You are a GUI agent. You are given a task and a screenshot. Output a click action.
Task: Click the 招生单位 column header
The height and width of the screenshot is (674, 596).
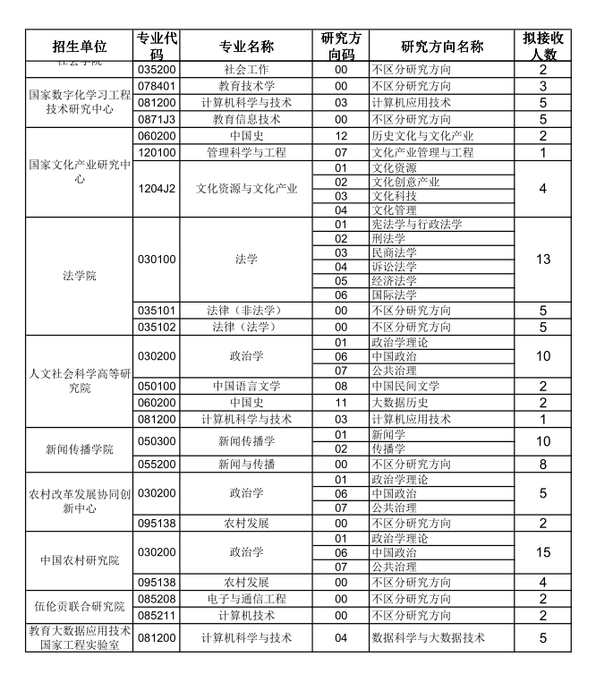(80, 47)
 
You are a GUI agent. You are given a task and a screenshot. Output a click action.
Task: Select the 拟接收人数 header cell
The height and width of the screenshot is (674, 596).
(542, 47)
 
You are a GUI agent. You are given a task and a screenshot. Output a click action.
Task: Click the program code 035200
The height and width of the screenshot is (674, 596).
(157, 69)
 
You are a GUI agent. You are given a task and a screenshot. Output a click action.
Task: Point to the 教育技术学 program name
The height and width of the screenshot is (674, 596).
(246, 86)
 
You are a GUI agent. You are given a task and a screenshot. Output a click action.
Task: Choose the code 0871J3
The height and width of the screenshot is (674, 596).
(157, 119)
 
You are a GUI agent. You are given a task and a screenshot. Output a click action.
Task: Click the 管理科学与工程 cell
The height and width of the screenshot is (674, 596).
(246, 152)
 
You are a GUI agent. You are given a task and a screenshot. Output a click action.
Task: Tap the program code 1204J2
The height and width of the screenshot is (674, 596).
(157, 188)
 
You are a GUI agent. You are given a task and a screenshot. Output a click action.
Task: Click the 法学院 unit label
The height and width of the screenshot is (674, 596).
(80, 276)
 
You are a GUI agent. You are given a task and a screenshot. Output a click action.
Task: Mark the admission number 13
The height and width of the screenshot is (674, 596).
(542, 260)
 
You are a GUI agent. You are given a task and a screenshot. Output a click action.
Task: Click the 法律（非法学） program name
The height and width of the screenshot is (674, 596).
(246, 311)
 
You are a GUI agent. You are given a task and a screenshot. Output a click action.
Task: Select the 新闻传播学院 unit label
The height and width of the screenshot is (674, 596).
(80, 449)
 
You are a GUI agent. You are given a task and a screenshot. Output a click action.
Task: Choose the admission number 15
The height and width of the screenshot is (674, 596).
(542, 552)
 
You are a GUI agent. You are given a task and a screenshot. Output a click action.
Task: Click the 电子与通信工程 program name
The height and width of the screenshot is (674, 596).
(246, 599)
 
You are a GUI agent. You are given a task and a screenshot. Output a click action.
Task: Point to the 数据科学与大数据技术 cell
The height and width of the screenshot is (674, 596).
(428, 637)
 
